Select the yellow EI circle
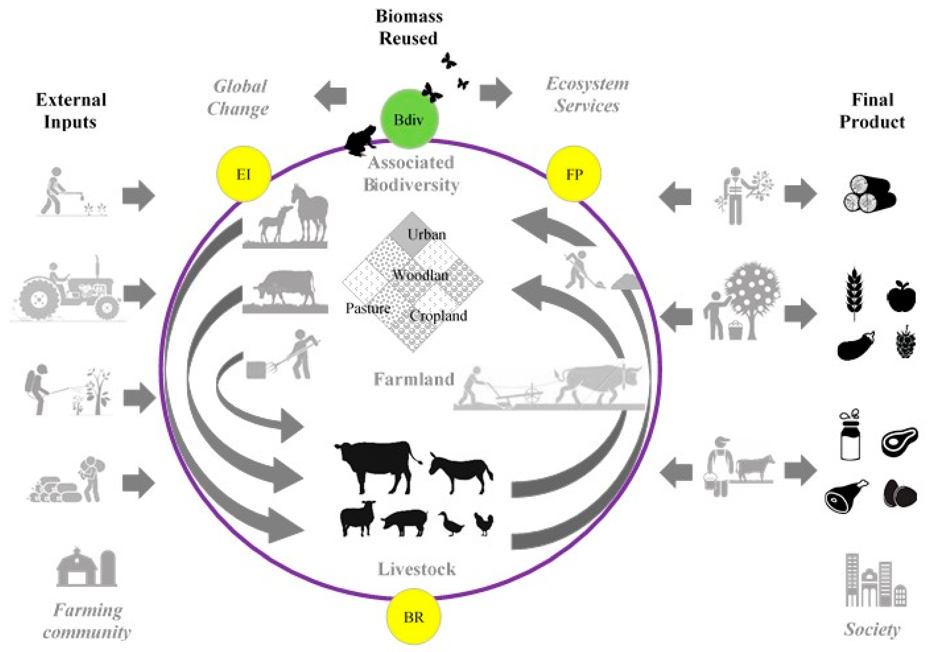[244, 174]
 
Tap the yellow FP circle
[574, 174]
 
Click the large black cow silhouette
[374, 466]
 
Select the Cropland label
[438, 316]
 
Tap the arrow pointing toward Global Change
[331, 96]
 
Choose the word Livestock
[417, 569]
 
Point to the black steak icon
[899, 441]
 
